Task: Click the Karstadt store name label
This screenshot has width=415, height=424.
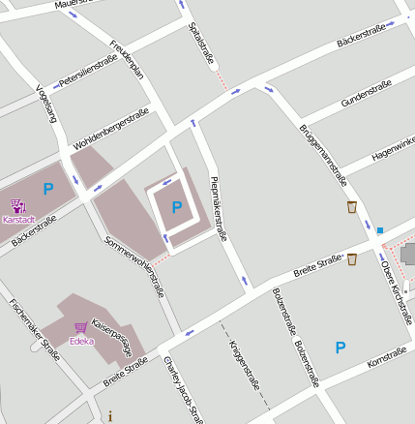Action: [17, 219]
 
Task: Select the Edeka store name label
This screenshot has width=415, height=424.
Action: [81, 341]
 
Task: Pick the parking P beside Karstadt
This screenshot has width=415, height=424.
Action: [47, 190]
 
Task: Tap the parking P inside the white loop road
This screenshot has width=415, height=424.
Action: [176, 206]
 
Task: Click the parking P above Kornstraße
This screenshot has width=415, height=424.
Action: [340, 348]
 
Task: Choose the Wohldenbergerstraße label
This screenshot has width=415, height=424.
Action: [110, 131]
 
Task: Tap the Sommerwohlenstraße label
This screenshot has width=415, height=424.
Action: [134, 258]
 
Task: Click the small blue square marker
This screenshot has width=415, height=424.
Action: [380, 230]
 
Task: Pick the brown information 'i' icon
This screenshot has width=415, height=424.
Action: [110, 416]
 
